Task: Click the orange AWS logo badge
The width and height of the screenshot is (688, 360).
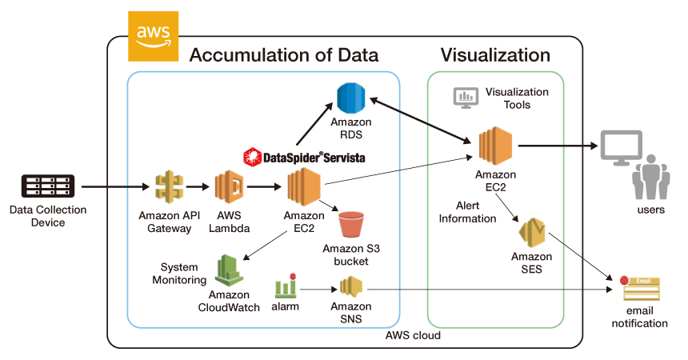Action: pos(153,37)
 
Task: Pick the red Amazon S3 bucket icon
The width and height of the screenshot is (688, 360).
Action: pos(351,224)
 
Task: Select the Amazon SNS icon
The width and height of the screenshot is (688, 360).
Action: pos(351,286)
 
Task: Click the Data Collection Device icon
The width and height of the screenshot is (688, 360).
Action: pos(48,187)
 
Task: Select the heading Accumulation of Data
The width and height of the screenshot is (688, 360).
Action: pos(284,55)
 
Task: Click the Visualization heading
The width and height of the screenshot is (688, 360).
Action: pos(495,55)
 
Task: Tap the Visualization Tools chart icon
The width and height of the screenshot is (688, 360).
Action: pos(465,97)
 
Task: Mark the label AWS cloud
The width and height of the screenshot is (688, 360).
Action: pos(413,335)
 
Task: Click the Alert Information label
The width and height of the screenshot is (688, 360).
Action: pos(468,212)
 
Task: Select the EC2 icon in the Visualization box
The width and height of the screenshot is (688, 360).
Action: pos(495,146)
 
